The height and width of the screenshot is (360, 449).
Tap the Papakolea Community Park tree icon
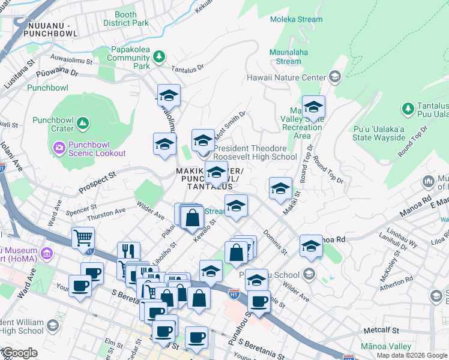159,57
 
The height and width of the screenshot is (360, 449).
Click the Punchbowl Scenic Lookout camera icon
59,147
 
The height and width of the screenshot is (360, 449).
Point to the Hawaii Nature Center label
285,77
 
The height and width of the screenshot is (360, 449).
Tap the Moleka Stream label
296,19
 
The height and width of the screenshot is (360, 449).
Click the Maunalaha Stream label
289,56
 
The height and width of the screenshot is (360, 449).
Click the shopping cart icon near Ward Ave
83,237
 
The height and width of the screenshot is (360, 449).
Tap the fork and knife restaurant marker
128,251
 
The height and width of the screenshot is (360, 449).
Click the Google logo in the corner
19,353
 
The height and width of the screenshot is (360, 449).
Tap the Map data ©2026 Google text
411,355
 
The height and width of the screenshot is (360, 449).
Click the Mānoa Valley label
386,347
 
